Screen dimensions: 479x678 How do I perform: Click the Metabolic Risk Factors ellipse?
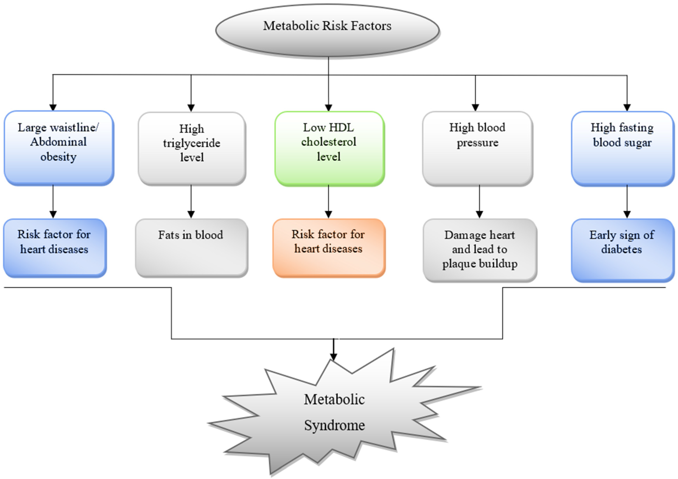(327, 30)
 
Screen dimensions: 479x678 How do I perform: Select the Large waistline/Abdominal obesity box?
(59, 148)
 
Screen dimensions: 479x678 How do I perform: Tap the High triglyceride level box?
(192, 148)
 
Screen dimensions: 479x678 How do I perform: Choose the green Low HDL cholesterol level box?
(329, 148)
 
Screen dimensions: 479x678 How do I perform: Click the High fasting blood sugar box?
(622, 148)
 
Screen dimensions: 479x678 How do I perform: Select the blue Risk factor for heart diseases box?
(55, 248)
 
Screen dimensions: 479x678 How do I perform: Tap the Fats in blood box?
(191, 248)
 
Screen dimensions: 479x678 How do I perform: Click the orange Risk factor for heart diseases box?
(329, 248)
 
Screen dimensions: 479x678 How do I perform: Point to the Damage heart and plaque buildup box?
(479, 250)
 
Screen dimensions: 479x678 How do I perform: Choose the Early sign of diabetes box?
(622, 250)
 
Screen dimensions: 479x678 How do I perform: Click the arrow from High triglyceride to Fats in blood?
(191, 201)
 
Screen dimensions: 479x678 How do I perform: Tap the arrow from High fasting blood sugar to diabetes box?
(627, 201)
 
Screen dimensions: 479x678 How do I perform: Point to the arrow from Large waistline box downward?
(53, 201)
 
